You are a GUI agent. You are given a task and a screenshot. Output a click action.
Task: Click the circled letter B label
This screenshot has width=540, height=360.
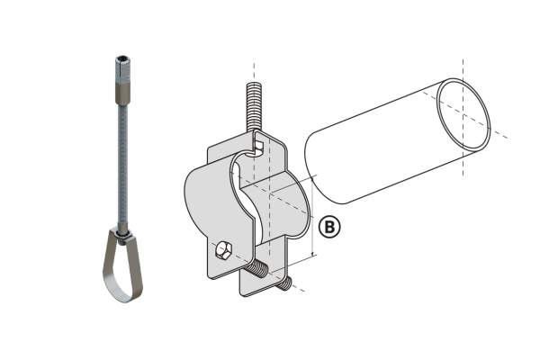329,227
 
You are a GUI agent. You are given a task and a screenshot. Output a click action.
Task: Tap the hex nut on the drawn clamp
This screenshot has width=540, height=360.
223,249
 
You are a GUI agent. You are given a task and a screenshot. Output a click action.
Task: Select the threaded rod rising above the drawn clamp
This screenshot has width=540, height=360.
255,107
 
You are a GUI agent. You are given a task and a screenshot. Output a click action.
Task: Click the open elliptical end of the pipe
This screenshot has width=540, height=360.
464,114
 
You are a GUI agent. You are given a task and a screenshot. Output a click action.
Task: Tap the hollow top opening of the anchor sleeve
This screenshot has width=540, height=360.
121,58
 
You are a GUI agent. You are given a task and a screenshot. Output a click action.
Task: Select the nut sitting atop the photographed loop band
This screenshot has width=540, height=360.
123,236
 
